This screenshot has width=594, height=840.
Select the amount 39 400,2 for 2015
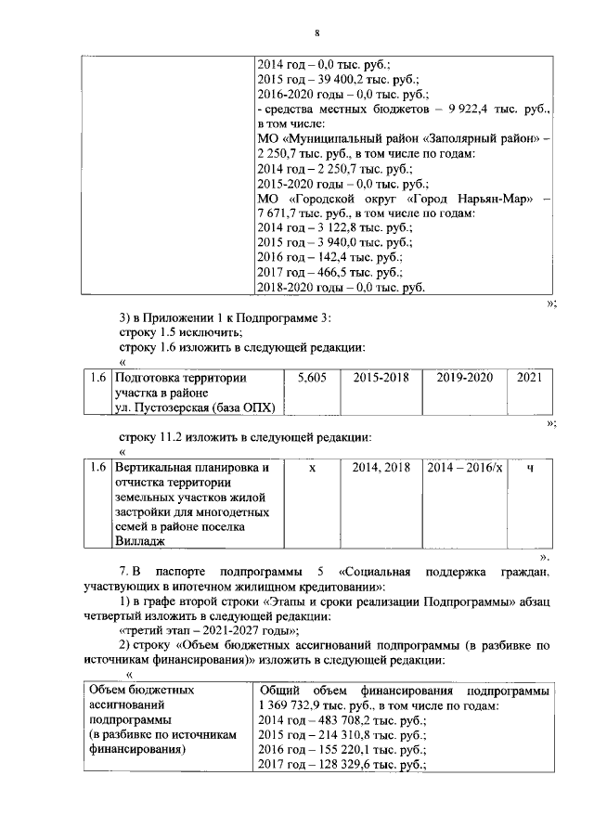[342, 81]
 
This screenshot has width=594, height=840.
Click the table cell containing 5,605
[311, 379]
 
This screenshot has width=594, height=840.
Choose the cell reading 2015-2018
[380, 379]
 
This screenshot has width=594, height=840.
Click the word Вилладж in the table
[138, 541]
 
